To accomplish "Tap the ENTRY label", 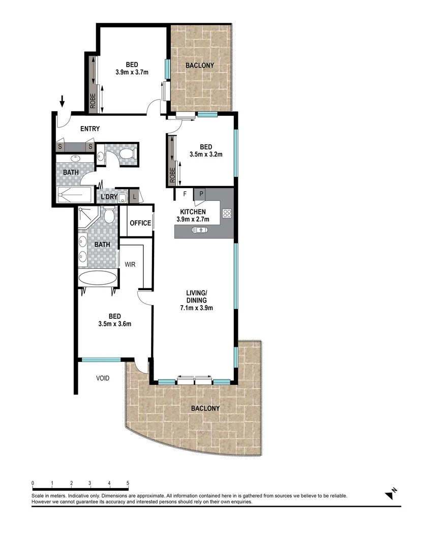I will pyautogui.click(x=89, y=129).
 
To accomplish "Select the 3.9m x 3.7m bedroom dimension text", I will pyautogui.click(x=132, y=72).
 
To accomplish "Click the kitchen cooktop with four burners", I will pyautogui.click(x=227, y=214).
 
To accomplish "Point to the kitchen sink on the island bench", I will pyautogui.click(x=199, y=231).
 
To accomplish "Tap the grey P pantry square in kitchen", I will pyautogui.click(x=201, y=193).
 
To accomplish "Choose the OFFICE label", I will pyautogui.click(x=140, y=223).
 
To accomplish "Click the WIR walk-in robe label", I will pyautogui.click(x=130, y=264).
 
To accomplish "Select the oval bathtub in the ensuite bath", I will pyautogui.click(x=98, y=279).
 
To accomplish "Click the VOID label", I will pyautogui.click(x=103, y=378).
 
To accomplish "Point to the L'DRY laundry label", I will pyautogui.click(x=109, y=196).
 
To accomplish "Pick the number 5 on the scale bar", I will pyautogui.click(x=128, y=483).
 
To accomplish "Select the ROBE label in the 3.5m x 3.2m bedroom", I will pyautogui.click(x=172, y=175).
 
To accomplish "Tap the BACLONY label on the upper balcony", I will pyautogui.click(x=199, y=66).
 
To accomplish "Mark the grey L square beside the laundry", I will pyautogui.click(x=135, y=196).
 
